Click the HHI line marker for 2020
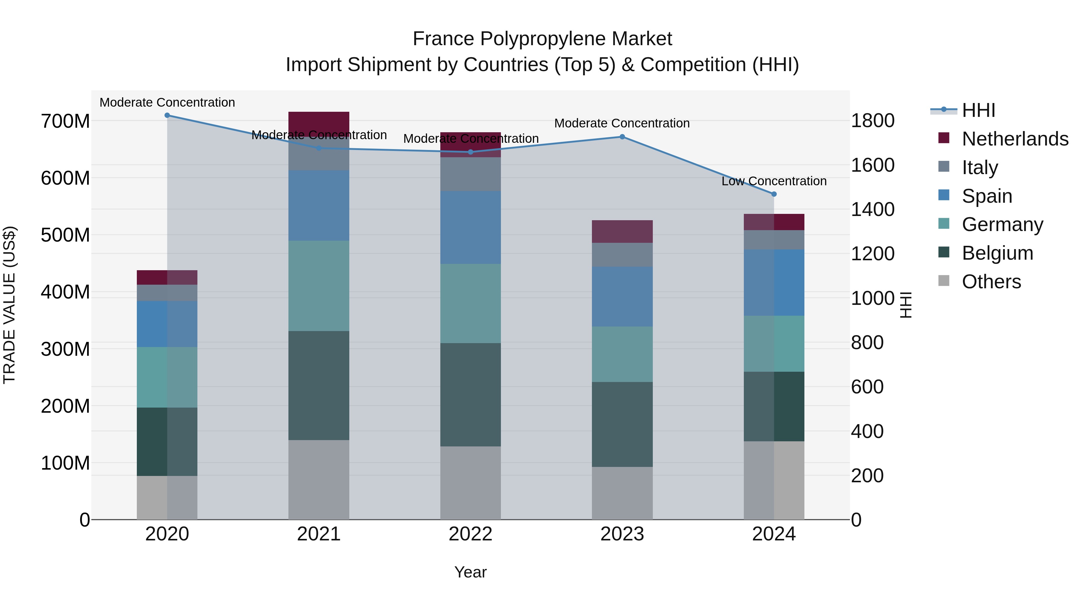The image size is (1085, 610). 167,115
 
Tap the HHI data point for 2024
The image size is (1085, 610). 774,194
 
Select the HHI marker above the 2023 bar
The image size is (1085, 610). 622,137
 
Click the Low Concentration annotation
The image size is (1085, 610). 774,181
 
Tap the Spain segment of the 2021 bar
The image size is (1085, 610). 319,205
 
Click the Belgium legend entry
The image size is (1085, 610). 997,253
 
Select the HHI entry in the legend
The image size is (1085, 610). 978,110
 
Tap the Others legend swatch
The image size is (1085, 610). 944,281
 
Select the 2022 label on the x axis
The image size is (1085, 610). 470,534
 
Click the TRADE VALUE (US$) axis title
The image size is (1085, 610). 9,305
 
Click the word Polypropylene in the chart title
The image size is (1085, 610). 542,39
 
